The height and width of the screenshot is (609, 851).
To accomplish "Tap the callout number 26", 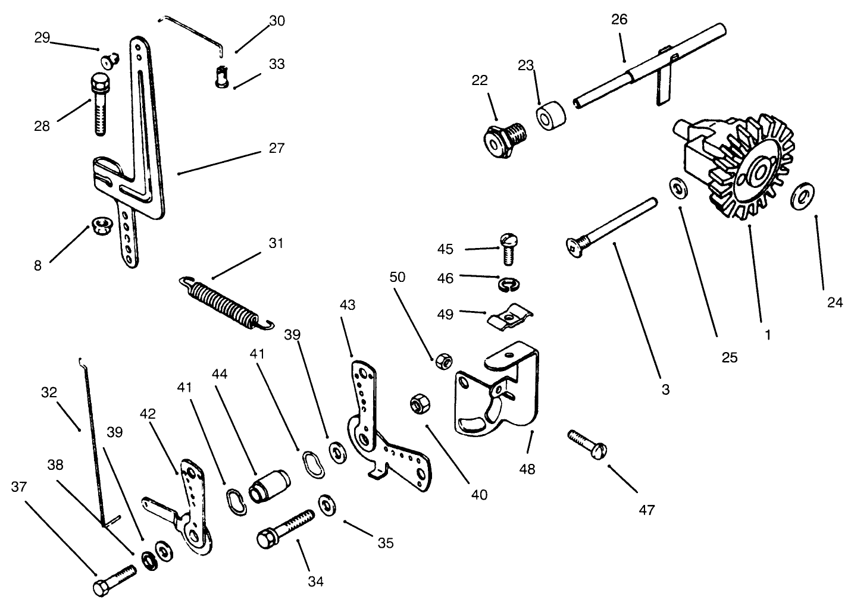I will click(x=619, y=20).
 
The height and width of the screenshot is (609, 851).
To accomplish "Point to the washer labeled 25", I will click(x=677, y=188).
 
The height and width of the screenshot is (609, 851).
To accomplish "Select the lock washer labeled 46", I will click(x=506, y=284).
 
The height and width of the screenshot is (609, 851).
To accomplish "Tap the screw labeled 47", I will click(x=588, y=443).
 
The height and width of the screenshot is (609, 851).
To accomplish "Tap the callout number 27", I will click(x=276, y=147).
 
